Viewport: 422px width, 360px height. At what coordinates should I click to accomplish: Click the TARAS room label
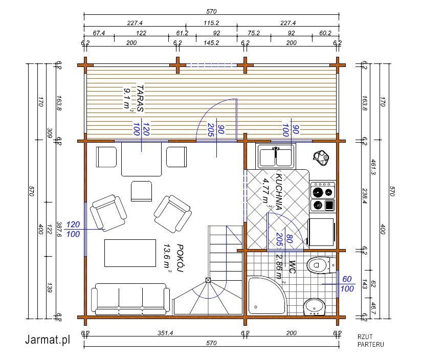tap(140, 98)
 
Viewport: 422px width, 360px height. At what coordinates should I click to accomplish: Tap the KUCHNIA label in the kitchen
tap(279, 192)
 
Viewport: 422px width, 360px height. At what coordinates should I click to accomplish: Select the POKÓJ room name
tap(180, 258)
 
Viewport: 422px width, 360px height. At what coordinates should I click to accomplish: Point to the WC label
tap(292, 267)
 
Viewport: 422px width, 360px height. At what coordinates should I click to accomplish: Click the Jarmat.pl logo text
tap(48, 340)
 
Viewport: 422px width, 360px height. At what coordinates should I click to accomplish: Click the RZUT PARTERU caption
tap(371, 341)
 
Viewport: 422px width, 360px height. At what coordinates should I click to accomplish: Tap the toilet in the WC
tap(321, 265)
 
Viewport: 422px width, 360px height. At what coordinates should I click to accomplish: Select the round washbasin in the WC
tap(315, 307)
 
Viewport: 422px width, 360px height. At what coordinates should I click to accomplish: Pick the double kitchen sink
tap(276, 156)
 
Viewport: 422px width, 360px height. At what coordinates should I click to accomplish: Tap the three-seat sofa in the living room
tap(130, 299)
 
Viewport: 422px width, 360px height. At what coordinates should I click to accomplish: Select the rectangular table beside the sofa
tap(130, 253)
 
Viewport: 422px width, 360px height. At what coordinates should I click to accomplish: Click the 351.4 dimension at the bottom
tap(165, 333)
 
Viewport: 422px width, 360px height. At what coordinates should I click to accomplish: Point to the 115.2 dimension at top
tap(211, 23)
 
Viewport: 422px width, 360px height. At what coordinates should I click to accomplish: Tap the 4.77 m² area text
tap(267, 192)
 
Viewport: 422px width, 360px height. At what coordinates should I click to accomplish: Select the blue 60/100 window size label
tap(347, 284)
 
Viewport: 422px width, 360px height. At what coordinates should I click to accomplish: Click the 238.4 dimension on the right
tap(365, 196)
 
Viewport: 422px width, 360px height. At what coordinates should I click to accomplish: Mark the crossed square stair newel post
tap(208, 280)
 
